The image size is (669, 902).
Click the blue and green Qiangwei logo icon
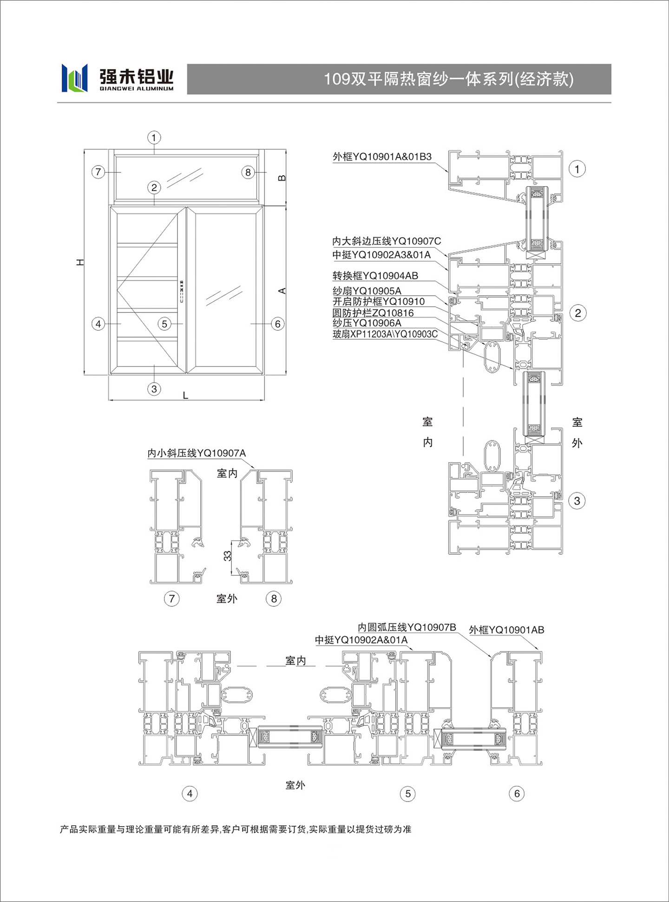[74, 78]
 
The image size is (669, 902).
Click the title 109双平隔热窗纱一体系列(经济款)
[448, 79]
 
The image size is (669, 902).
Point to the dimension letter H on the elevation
[80, 262]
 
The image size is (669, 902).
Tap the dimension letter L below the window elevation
[185, 395]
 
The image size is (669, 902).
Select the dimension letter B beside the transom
[282, 178]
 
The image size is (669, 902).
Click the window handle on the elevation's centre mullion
[182, 291]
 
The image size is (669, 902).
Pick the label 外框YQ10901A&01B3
[382, 157]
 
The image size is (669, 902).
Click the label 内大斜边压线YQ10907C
[387, 241]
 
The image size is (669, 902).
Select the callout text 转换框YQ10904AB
[375, 276]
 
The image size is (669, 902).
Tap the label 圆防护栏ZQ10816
[373, 313]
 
